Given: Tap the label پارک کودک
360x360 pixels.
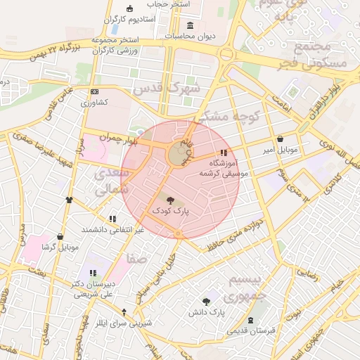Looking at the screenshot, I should point(172,210).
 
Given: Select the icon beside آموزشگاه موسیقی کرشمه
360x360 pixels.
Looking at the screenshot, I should point(224,153).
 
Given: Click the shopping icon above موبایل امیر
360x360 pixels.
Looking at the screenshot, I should point(281,139).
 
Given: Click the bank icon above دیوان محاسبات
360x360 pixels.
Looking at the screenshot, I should point(190,26).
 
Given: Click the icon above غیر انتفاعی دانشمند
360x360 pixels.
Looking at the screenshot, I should point(112,219).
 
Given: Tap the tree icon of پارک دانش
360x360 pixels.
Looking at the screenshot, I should point(206,301).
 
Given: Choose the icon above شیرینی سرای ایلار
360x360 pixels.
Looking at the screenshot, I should point(124,312).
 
